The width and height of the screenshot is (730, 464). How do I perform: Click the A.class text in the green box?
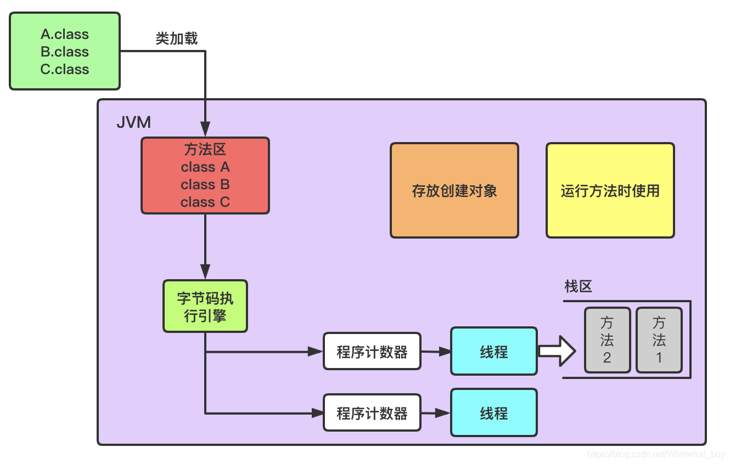64,34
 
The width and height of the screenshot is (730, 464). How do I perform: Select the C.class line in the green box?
64,70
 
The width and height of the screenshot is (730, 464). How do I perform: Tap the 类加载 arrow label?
176,38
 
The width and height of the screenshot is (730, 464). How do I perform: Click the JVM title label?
133,122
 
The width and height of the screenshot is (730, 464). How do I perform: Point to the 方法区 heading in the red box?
205,149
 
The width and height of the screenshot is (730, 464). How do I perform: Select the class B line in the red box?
205,184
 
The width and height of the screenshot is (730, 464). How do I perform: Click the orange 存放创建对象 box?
454,190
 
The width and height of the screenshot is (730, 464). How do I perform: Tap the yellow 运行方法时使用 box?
610,190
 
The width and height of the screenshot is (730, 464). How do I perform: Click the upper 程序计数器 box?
372,352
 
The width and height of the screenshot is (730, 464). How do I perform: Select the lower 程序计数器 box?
372,413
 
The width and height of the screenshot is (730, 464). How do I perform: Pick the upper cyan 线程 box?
493,352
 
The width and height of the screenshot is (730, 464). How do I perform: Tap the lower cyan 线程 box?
493,413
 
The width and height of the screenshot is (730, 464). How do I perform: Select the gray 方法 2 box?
607,340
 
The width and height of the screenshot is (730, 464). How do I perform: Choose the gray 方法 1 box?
659,340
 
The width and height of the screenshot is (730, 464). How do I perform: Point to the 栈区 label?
578,286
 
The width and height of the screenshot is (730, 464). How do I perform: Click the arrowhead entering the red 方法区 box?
205,131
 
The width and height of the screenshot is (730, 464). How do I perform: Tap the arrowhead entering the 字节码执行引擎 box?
205,272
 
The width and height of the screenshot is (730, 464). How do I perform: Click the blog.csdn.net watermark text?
656,455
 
